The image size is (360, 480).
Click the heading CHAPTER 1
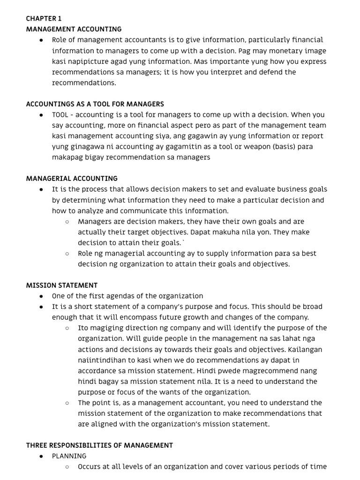click(x=44, y=19)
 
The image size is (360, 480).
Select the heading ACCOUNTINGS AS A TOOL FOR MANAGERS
click(x=95, y=104)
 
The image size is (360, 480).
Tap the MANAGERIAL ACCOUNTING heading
click(x=72, y=179)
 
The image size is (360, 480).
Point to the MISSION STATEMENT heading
click(x=62, y=285)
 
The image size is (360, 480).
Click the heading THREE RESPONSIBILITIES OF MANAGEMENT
click(x=99, y=445)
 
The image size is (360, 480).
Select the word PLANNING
click(x=69, y=456)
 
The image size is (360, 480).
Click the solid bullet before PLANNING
click(x=42, y=456)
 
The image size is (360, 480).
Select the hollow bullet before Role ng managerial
click(x=67, y=254)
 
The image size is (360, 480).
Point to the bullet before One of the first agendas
click(x=42, y=296)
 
